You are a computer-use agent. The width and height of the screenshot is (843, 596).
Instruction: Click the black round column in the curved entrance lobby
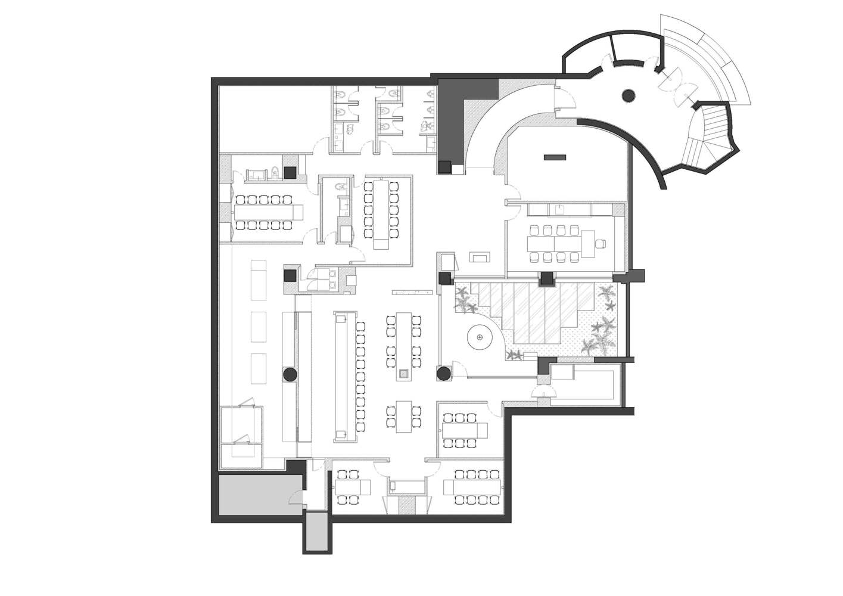[x=627, y=94]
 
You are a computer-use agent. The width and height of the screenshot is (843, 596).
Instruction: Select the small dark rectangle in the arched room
[x=555, y=157]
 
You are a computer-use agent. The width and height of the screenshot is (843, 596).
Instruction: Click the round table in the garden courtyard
[x=480, y=338]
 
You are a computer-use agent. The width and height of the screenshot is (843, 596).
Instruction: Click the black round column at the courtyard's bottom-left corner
[x=443, y=374]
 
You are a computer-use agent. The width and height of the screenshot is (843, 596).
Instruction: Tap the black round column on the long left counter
[x=289, y=374]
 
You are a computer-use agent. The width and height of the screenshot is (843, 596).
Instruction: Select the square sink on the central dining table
[x=404, y=374]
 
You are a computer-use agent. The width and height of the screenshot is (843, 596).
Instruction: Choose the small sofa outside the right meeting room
[x=480, y=257]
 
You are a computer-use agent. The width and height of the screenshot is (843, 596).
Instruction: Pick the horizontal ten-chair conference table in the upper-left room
[x=268, y=212]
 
